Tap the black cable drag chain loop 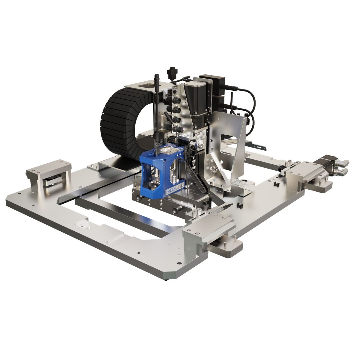coord(112,120)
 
